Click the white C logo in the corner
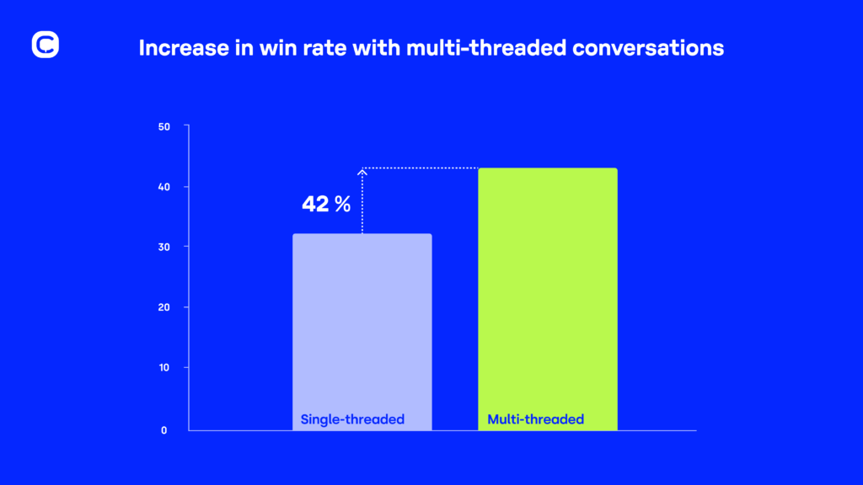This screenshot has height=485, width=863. point(46,45)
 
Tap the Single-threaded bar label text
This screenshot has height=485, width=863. point(352,419)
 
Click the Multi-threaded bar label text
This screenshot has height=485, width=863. point(536,419)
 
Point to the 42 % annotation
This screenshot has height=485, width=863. point(326,204)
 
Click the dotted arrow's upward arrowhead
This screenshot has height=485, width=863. point(362,173)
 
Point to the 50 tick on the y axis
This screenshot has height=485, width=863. point(164,127)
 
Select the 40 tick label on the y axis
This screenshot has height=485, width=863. point(164,187)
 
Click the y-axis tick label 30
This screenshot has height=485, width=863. point(164,248)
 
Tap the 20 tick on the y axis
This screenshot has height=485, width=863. point(164,307)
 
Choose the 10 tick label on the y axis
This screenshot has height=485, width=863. point(164,368)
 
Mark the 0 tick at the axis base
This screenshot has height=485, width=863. point(164,430)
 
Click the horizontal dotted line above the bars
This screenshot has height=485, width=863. point(421,168)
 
